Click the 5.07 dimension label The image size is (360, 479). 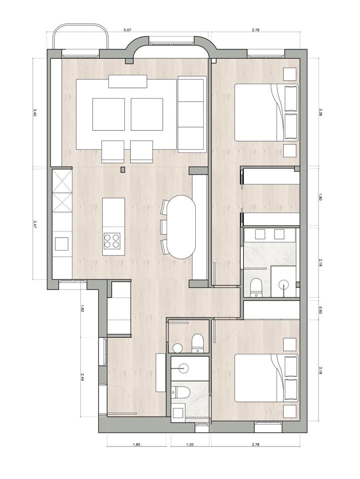(x=127, y=30)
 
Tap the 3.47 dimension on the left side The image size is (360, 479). (x=35, y=224)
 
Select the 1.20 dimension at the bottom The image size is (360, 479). (x=190, y=445)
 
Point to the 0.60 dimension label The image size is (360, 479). (x=320, y=310)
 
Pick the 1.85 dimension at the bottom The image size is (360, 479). (x=136, y=445)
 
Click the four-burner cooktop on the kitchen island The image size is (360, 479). (x=111, y=240)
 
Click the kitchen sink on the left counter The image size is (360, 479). (x=62, y=244)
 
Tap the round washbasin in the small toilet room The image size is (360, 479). (x=177, y=347)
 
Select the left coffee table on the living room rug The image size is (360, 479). (x=108, y=114)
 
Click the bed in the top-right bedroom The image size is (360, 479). (x=266, y=112)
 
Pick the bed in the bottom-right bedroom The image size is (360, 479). (x=266, y=378)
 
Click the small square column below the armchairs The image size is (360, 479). (x=123, y=169)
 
